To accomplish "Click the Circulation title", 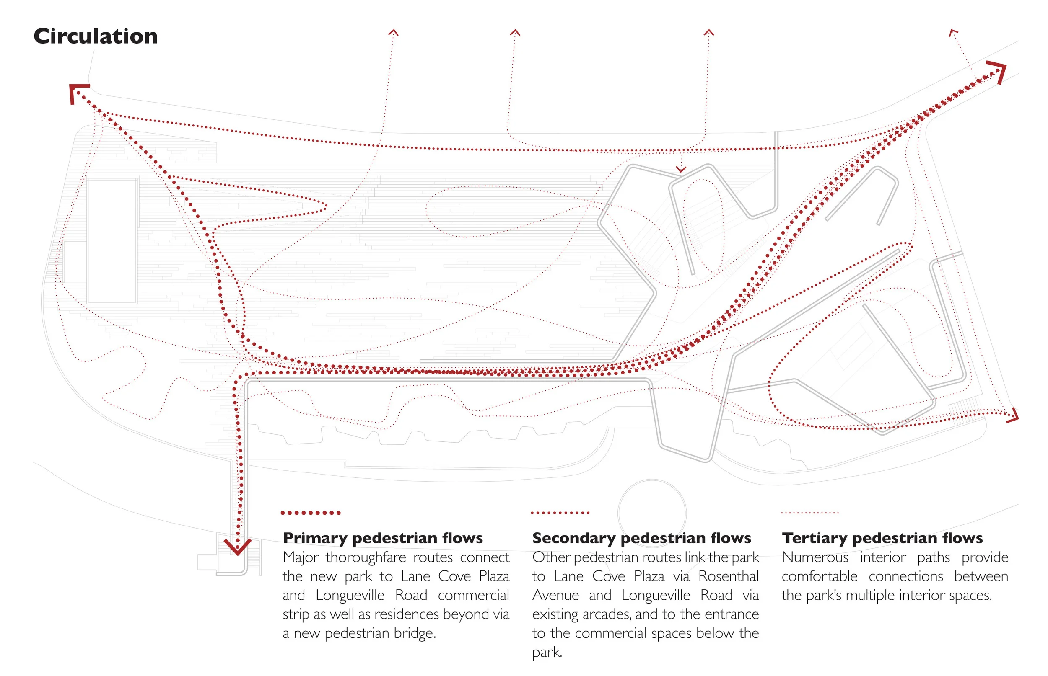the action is [x=95, y=36].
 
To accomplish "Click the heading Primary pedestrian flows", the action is [x=383, y=538].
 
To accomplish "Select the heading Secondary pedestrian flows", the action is [x=641, y=538].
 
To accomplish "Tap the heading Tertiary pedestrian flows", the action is [x=882, y=538].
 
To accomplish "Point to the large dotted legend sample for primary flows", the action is [x=311, y=513].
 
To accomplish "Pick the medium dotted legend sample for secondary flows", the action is [x=560, y=513].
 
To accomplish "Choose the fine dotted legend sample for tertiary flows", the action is [x=810, y=513].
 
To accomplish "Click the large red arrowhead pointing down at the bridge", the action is [x=238, y=547].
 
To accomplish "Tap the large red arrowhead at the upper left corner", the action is [x=77, y=93].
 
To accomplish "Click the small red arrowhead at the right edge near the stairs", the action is [x=1014, y=415].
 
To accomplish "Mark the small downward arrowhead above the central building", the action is [x=681, y=169].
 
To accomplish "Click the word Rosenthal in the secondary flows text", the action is [x=728, y=576].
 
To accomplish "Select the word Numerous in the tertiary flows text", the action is [x=815, y=557].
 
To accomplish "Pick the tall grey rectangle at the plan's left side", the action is [x=112, y=240].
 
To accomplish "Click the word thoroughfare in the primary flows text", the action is [x=366, y=557].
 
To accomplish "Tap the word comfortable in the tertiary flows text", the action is [x=819, y=576].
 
